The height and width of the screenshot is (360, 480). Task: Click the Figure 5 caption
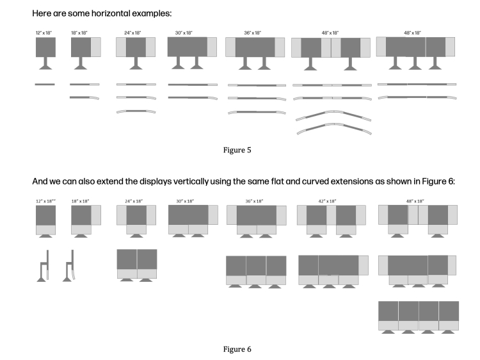pyautogui.click(x=240, y=151)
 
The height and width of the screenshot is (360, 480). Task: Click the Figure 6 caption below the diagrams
pyautogui.click(x=240, y=349)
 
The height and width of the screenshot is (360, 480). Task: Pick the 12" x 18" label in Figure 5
pyautogui.click(x=45, y=33)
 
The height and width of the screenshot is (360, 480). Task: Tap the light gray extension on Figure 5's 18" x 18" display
pyautogui.click(x=95, y=47)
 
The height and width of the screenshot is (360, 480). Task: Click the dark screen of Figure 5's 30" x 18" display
pyautogui.click(x=187, y=47)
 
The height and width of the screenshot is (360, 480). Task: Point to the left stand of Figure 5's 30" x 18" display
pyautogui.click(x=177, y=63)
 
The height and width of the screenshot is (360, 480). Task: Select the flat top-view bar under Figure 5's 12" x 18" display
pyautogui.click(x=45, y=84)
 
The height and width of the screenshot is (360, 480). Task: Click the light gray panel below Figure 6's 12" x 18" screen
pyautogui.click(x=45, y=230)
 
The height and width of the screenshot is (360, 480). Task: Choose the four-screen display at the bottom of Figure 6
pyautogui.click(x=418, y=315)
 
